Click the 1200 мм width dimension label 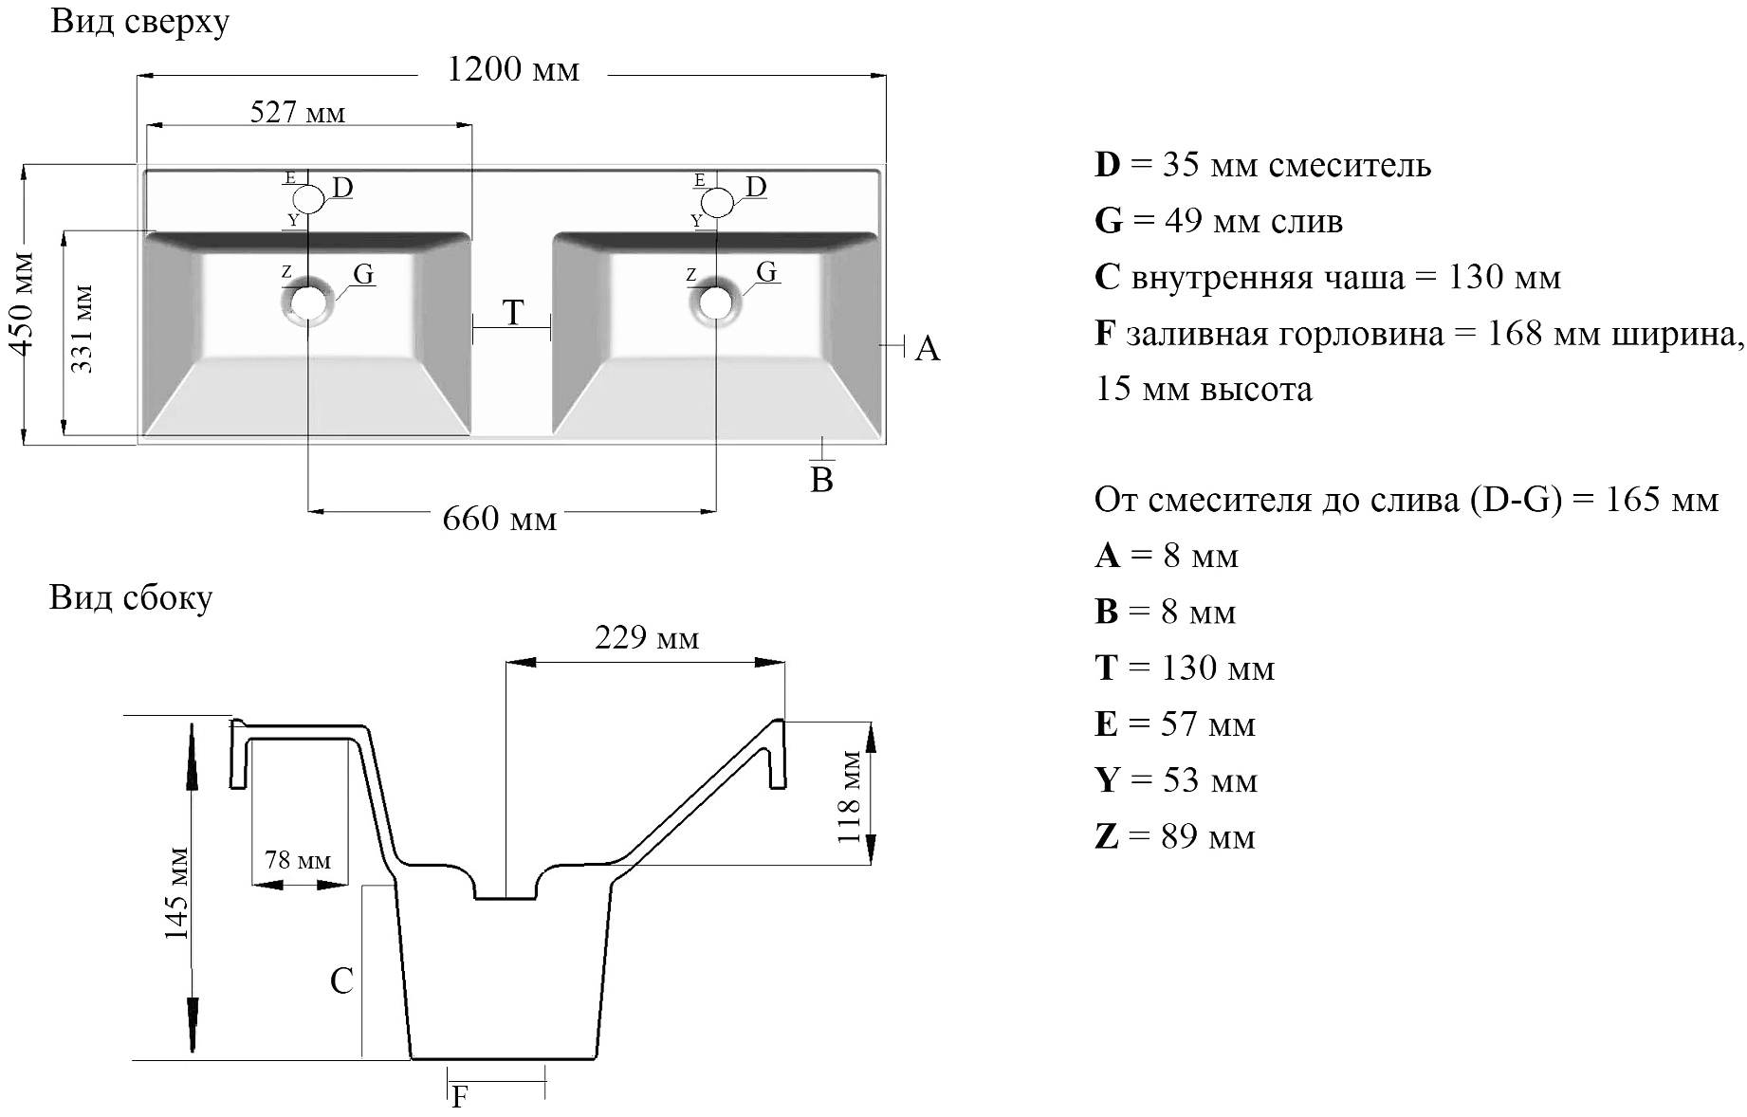pyautogui.click(x=512, y=70)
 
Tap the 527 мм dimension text pyautogui.click(x=297, y=114)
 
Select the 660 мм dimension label pyautogui.click(x=499, y=520)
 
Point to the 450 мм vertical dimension pyautogui.click(x=22, y=302)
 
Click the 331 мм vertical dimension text pyautogui.click(x=82, y=328)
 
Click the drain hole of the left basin pyautogui.click(x=307, y=302)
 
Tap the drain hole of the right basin pyautogui.click(x=715, y=302)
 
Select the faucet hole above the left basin pyautogui.click(x=308, y=200)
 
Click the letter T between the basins pyautogui.click(x=513, y=313)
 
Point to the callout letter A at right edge pyautogui.click(x=927, y=349)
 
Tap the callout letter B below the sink pyautogui.click(x=821, y=481)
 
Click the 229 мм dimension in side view pyautogui.click(x=647, y=638)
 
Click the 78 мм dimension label pyautogui.click(x=298, y=860)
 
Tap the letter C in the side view pyautogui.click(x=341, y=981)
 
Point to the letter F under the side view pyautogui.click(x=460, y=1097)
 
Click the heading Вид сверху pyautogui.click(x=139, y=22)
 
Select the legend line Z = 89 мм pyautogui.click(x=1174, y=837)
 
